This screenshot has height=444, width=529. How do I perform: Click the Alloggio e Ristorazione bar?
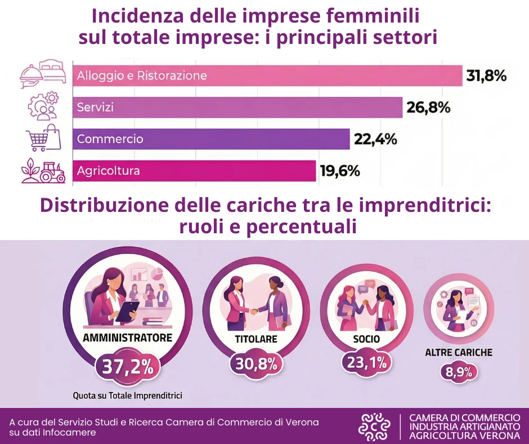[x=267, y=76]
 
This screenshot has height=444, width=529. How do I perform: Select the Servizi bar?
[x=237, y=107]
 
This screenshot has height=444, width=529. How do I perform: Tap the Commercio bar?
[x=210, y=139]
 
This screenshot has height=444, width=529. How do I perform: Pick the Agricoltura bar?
[x=194, y=170]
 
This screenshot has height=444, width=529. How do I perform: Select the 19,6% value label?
[x=340, y=170]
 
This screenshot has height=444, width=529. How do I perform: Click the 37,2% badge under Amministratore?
[x=127, y=367]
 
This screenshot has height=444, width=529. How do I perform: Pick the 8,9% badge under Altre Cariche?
[x=459, y=372]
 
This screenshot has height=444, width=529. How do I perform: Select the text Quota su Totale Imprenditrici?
[x=127, y=396]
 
